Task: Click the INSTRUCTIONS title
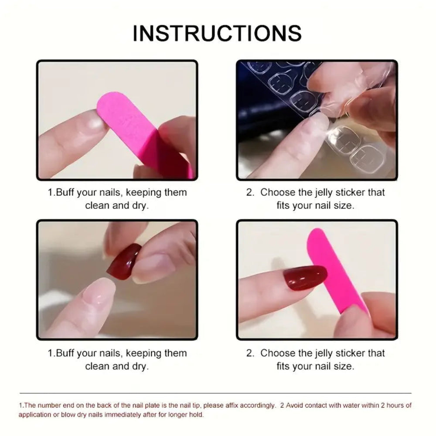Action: point(217,34)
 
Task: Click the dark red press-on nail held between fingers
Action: point(124,261)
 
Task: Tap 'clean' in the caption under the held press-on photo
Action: point(97,366)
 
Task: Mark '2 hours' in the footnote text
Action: point(382,405)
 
